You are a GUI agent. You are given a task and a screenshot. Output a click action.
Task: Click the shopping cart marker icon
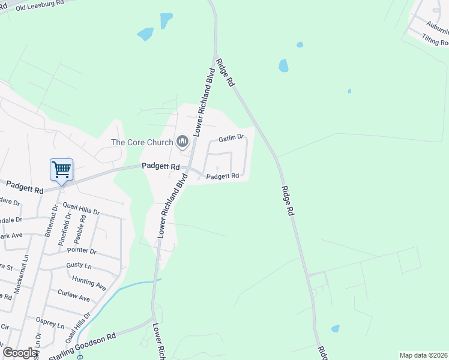[x=61, y=170]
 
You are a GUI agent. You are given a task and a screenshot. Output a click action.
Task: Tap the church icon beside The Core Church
[x=182, y=142]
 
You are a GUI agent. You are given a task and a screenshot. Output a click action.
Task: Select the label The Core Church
[x=142, y=142]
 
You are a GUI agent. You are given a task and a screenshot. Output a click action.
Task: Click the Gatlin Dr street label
[x=231, y=138]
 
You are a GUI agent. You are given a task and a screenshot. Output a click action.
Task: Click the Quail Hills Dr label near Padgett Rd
[x=85, y=211]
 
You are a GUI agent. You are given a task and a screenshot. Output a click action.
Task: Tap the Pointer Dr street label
[x=83, y=251]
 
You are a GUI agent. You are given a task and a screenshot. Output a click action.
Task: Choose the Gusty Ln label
[x=79, y=265]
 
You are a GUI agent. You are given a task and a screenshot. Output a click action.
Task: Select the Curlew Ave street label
[x=73, y=295]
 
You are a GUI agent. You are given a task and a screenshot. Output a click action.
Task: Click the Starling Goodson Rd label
[x=82, y=347]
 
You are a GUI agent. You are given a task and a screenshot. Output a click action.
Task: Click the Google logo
[x=20, y=353]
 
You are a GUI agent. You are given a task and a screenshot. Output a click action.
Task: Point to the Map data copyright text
[x=423, y=355]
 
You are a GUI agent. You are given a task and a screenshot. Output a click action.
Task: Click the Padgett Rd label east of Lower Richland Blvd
[x=223, y=176]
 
